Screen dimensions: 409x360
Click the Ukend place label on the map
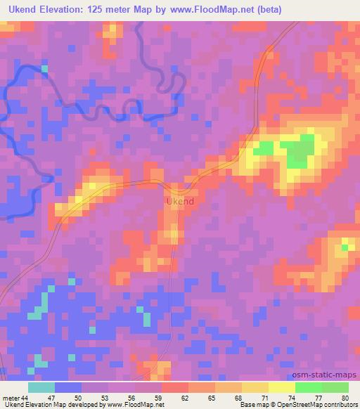180,202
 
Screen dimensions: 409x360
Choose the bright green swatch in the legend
309,387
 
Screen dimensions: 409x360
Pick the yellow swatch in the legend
282,387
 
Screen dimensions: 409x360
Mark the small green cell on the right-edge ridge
345,246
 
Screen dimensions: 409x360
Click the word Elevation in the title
65,10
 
